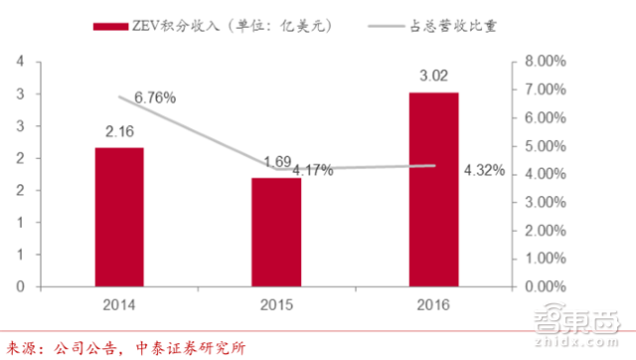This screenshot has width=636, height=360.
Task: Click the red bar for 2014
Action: pos(119,217)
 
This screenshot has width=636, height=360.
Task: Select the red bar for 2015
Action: pos(275,232)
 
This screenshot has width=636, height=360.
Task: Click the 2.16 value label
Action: pos(119,129)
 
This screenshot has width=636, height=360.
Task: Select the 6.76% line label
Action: pos(156,97)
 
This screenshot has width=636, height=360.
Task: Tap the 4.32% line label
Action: pos(484,171)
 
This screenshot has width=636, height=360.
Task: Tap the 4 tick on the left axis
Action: pos(20,62)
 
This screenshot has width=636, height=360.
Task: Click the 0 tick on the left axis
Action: pos(20,286)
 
